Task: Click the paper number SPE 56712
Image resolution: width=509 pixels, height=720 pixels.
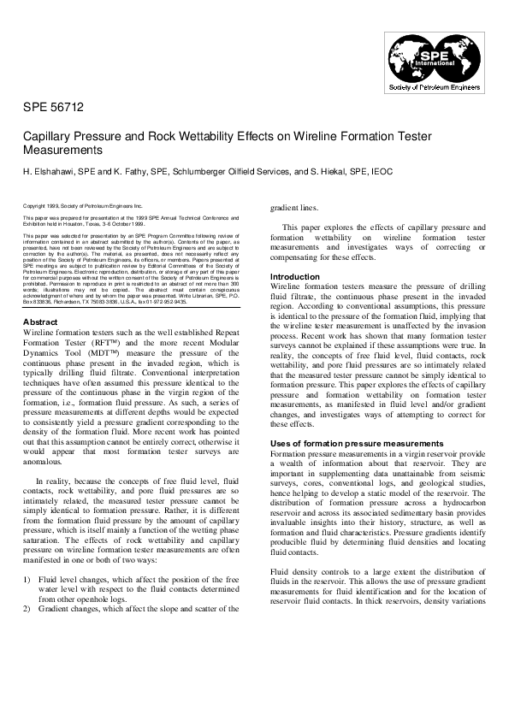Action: coord(53,108)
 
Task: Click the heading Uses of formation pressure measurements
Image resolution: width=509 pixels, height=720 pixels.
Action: coord(357,443)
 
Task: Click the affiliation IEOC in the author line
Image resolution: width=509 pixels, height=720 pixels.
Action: coord(382,171)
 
